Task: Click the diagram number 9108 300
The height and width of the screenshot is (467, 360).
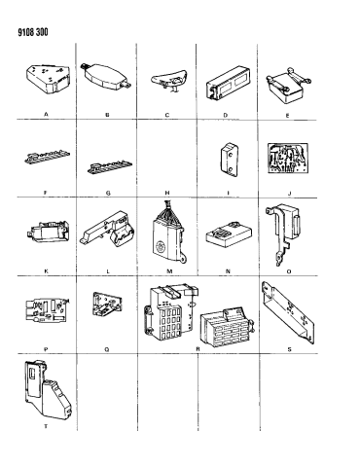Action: coord(33,32)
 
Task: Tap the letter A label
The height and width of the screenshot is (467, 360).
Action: coord(46,114)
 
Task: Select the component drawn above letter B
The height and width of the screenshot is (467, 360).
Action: coord(106,77)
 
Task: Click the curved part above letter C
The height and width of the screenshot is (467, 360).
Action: coord(169,80)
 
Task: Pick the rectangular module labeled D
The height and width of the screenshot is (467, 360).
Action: coord(228,84)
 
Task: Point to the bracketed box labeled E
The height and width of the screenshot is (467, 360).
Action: coord(288,86)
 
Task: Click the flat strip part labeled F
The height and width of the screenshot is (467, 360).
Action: coord(48,156)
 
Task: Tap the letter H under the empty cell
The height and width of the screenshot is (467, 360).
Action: coord(167,193)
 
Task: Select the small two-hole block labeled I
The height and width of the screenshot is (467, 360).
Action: coord(230,160)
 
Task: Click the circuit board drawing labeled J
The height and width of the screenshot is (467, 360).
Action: coord(288,159)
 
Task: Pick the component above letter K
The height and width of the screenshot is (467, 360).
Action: coord(48,231)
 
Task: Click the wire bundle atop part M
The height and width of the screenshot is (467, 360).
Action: coord(168,210)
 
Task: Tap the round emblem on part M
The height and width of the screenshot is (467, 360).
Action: coord(161,246)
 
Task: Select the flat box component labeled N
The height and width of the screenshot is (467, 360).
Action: coord(229,233)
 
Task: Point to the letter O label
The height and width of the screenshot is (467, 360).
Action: coord(289,271)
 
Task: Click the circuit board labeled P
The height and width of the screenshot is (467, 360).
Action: coord(48,311)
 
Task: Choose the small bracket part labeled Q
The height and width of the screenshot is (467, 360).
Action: coord(107,304)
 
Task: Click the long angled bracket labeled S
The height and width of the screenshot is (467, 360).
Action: coord(288,312)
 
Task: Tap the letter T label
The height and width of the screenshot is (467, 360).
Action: coord(46,426)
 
